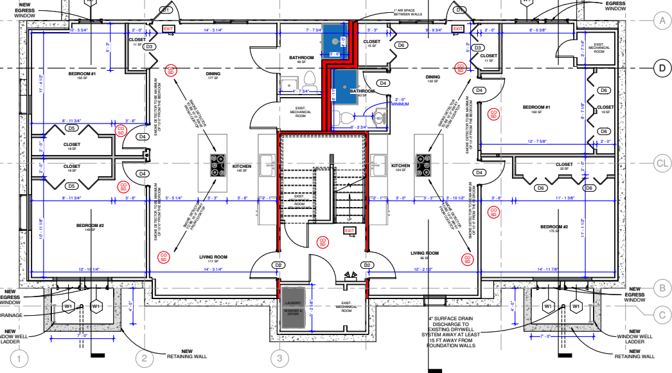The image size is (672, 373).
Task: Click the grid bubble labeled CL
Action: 661,164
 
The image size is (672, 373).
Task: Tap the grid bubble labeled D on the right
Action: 662,68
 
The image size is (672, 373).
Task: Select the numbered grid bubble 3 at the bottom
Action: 279,358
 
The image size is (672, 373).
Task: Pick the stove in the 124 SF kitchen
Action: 423,165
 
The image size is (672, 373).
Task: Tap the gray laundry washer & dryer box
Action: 293,302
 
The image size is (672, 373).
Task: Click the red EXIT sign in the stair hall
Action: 349,231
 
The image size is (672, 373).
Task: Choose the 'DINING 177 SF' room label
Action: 213,76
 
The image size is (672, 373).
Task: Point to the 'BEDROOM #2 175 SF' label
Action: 554,229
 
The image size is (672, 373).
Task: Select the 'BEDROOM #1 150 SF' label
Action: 82,76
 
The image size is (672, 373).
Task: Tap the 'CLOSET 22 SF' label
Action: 564,166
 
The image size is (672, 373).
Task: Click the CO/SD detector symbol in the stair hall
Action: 323,242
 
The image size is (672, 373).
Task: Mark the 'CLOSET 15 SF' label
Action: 372,44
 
